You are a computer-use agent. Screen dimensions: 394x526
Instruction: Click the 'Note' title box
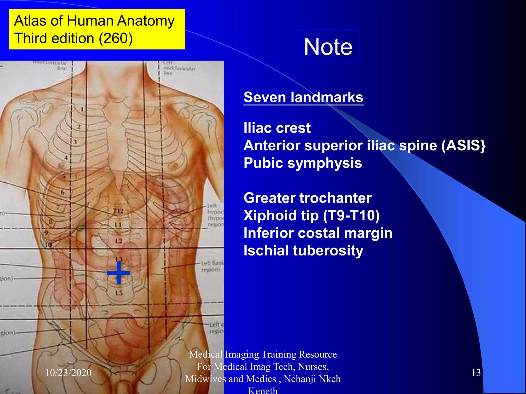(x=328, y=46)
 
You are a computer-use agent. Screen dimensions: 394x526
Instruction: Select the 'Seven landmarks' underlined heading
(x=303, y=97)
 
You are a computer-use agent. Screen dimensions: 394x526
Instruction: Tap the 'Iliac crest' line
(x=277, y=128)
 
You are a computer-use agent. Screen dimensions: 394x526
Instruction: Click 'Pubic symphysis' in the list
(x=303, y=163)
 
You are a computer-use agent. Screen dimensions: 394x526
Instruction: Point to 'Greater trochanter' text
(x=307, y=198)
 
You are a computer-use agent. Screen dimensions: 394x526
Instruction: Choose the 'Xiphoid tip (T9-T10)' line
(x=311, y=215)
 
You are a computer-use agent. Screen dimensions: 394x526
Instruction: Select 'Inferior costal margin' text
(x=318, y=233)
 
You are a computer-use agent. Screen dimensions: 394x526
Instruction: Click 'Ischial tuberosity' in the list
(x=303, y=250)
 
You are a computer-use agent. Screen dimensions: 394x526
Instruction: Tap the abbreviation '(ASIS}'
(x=463, y=145)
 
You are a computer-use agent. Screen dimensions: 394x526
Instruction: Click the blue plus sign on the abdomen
(x=119, y=273)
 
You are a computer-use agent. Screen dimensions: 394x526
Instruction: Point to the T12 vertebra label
(x=118, y=211)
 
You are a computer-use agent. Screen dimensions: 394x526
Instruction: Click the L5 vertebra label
(x=119, y=293)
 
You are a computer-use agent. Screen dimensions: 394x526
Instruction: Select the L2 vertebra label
(x=119, y=241)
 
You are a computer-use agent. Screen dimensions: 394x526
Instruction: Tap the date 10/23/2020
(x=68, y=372)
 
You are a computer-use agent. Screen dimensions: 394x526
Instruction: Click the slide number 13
(x=476, y=372)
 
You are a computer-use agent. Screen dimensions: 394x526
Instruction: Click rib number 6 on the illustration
(x=63, y=192)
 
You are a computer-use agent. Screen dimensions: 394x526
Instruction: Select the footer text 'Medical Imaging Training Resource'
(x=263, y=354)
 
